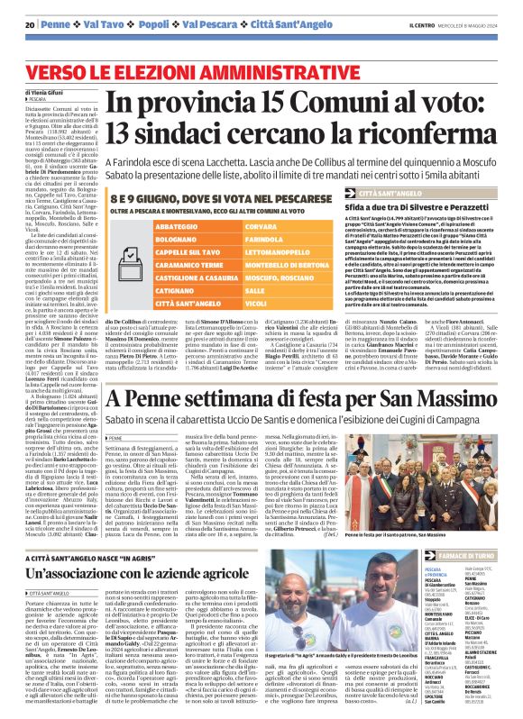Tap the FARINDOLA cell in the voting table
(239, 241)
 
